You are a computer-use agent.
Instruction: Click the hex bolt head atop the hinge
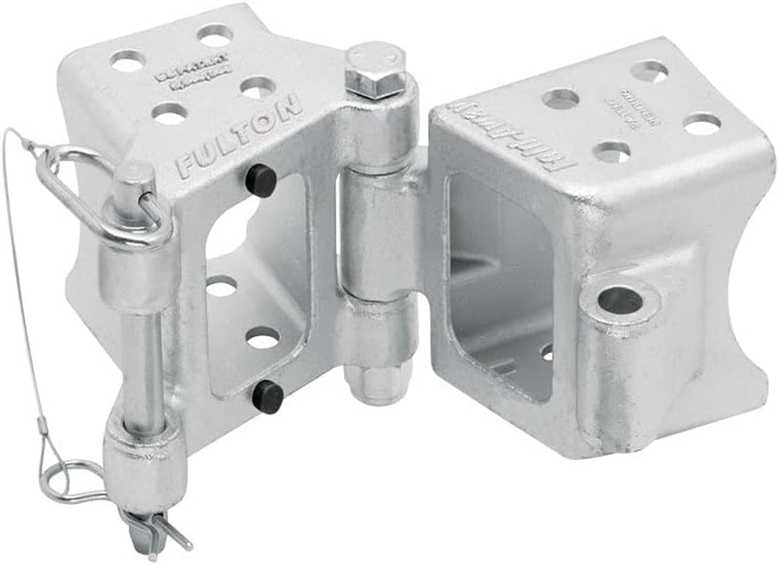click(374, 69)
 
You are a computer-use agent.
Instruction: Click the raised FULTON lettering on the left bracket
click(240, 135)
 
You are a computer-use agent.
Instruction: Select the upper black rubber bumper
click(261, 181)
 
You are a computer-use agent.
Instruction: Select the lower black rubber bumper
click(268, 396)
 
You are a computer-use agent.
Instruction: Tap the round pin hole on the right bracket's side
click(620, 301)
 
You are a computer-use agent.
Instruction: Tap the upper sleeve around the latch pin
click(138, 265)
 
